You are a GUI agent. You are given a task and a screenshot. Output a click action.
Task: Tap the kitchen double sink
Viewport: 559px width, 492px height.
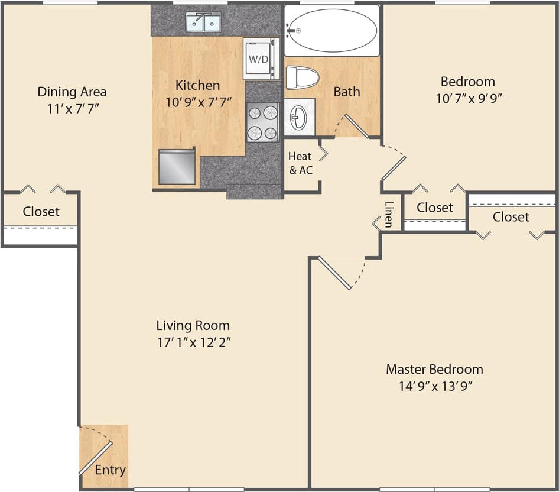coord(204,23)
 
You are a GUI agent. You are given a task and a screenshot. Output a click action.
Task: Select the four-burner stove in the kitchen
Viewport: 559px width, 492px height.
coord(262,122)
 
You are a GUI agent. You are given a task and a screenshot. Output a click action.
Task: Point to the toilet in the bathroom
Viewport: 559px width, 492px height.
coord(302,77)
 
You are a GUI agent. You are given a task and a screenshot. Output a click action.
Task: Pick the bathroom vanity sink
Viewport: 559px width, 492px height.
coord(299,116)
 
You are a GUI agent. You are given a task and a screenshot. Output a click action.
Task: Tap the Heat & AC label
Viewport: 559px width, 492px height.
coord(300,164)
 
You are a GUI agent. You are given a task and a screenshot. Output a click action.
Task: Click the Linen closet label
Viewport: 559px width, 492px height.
coord(388,215)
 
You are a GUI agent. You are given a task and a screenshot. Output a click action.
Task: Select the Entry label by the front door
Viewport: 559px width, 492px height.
coord(110,470)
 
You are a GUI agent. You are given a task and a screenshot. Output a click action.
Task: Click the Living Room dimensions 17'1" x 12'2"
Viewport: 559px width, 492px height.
coord(193,342)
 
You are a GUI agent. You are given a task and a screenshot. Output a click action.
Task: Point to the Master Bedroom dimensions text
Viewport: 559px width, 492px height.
coord(434,386)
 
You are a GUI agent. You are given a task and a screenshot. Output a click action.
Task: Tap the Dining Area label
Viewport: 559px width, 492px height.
coord(72,92)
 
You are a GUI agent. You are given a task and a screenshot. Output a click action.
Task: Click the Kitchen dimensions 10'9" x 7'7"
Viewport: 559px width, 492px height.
coord(198,102)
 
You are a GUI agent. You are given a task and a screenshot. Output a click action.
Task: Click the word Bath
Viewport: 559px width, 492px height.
coord(347,92)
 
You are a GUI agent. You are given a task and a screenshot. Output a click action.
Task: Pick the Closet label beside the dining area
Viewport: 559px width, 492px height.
coord(41,211)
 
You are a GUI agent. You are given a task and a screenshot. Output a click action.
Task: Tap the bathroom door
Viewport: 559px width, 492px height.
coord(356,125)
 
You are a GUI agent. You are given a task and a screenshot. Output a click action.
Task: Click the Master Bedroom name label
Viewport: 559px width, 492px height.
coord(434,370)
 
